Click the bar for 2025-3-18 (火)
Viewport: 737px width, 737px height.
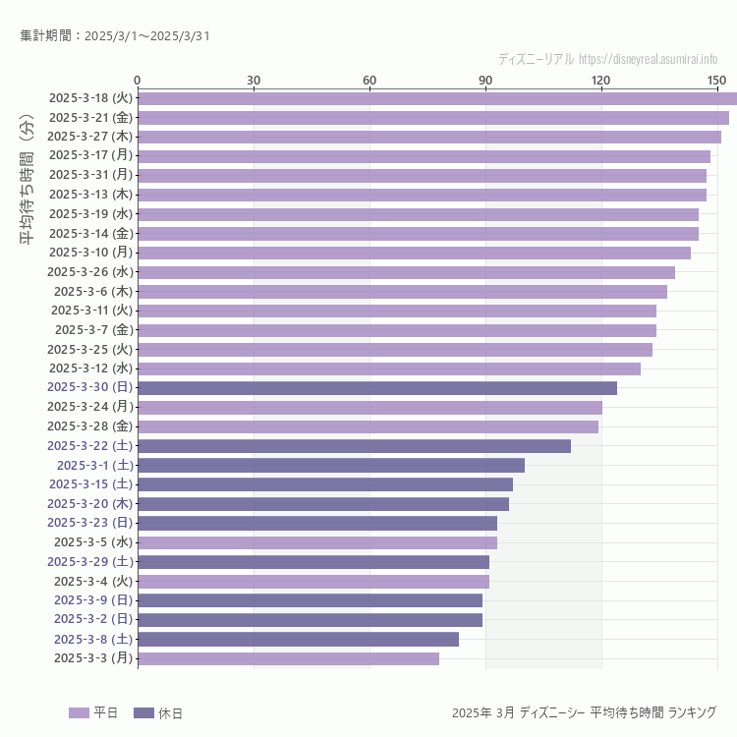tap(437, 98)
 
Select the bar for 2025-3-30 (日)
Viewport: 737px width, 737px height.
tap(377, 388)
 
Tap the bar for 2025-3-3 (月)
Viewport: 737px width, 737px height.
tap(288, 658)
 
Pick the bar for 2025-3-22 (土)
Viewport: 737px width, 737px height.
tap(354, 446)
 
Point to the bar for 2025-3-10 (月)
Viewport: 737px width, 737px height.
tap(414, 253)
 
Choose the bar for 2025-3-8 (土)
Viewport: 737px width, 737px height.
tap(298, 639)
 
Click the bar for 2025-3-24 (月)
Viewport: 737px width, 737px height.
tap(369, 407)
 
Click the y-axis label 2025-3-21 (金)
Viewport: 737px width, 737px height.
tap(90, 117)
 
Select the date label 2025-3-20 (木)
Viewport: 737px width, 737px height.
tap(90, 504)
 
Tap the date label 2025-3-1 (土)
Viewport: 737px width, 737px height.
tap(94, 465)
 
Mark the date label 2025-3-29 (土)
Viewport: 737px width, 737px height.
tap(90, 561)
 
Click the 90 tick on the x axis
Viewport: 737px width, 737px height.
tap(485, 80)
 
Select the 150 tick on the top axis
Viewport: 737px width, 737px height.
tap(716, 80)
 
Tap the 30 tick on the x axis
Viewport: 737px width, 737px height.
tap(254, 80)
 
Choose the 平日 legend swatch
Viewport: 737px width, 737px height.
tap(79, 713)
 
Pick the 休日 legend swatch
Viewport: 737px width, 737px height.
tap(143, 713)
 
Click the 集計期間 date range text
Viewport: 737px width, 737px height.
tap(115, 36)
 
